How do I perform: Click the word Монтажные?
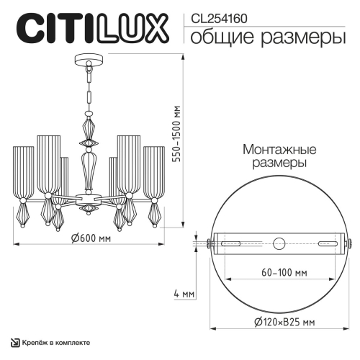pos(279,150)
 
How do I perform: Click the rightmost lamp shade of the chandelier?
pos(154,174)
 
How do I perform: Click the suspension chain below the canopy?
pos(89,86)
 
